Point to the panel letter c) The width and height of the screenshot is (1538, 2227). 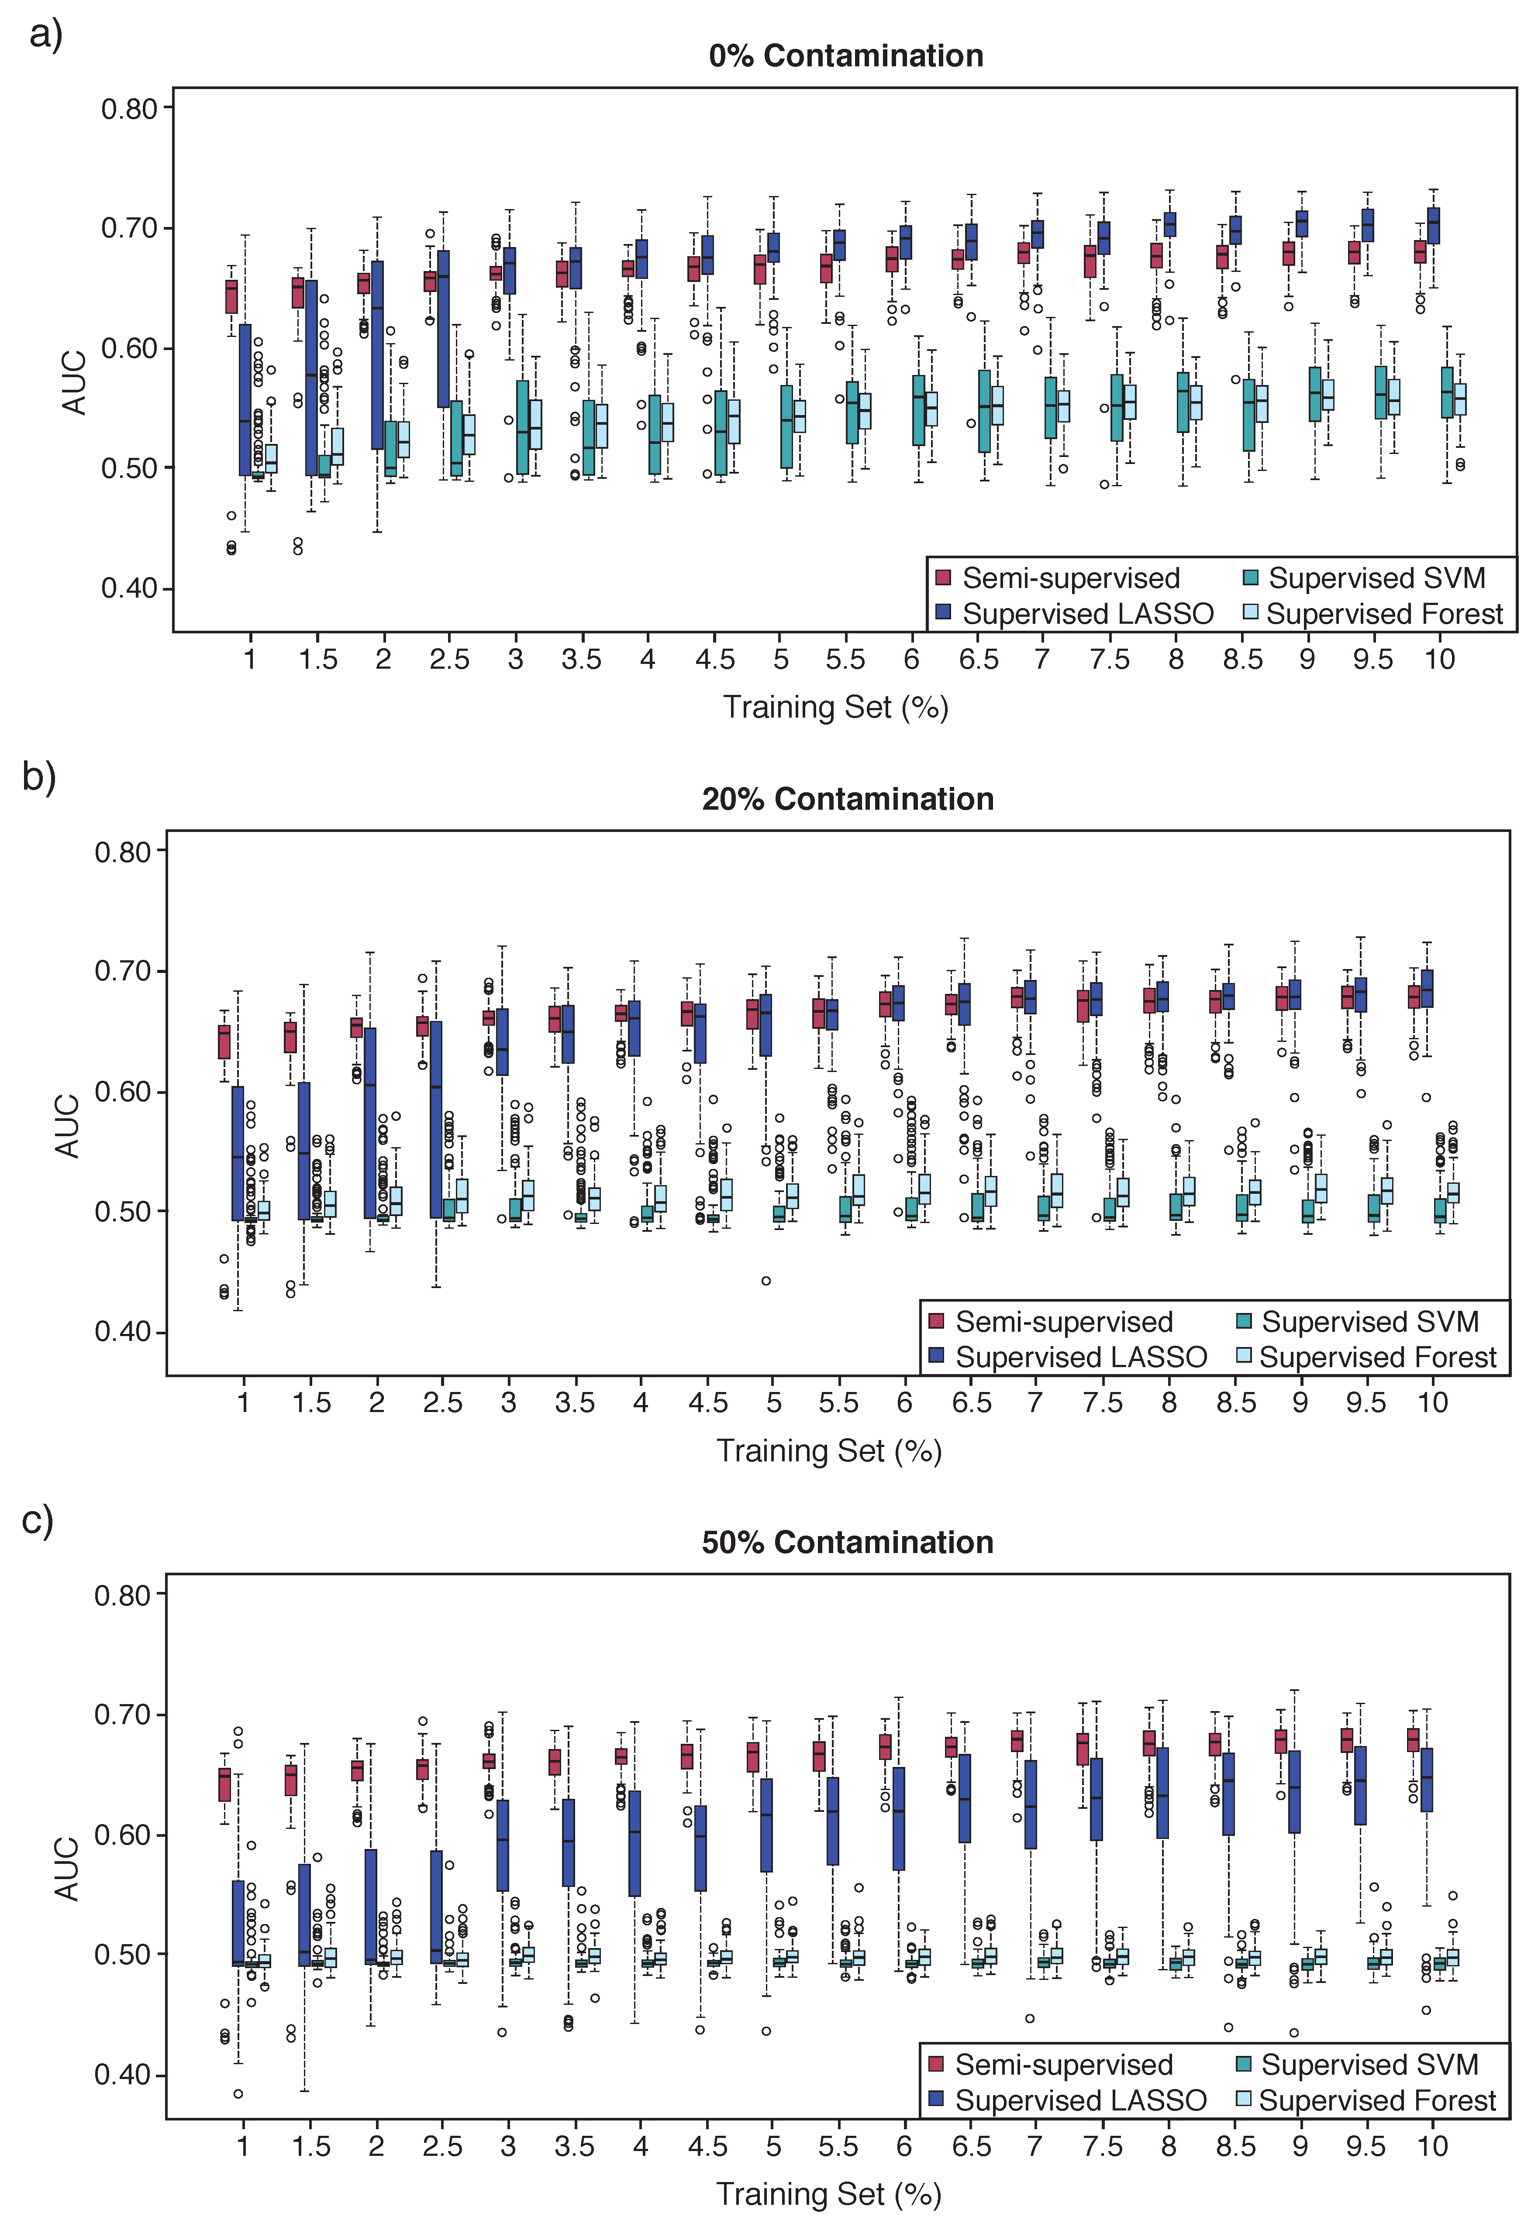pyautogui.click(x=38, y=1521)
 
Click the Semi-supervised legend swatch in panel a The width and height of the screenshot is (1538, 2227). pyautogui.click(x=943, y=578)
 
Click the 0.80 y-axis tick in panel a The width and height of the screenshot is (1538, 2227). pyautogui.click(x=129, y=109)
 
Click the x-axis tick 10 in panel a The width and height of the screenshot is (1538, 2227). pyautogui.click(x=1439, y=660)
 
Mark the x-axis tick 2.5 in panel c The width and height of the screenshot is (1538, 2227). pyautogui.click(x=442, y=2147)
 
